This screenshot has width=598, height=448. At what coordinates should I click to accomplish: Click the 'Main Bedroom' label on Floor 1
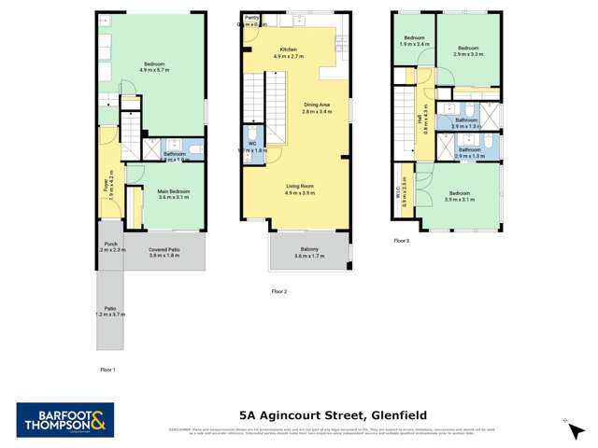[x=173, y=190]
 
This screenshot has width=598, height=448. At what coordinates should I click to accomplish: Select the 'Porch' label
[x=109, y=244]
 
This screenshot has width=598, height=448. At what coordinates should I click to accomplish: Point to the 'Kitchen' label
[x=288, y=49]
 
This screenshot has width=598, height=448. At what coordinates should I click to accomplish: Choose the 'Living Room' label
[x=300, y=187]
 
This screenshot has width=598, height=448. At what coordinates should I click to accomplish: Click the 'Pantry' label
[x=251, y=18]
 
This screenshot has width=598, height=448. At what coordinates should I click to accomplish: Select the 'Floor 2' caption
[x=278, y=292]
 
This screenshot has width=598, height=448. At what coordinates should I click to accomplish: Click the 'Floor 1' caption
[x=107, y=371]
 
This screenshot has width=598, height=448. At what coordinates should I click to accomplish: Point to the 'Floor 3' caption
[x=401, y=241]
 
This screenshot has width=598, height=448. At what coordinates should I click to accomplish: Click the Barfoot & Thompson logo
[x=64, y=419]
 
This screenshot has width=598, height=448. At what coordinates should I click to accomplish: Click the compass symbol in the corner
[x=566, y=420]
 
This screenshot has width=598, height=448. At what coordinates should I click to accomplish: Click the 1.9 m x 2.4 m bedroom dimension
[x=414, y=44]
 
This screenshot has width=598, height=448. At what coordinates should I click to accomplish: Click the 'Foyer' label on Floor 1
[x=107, y=186]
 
